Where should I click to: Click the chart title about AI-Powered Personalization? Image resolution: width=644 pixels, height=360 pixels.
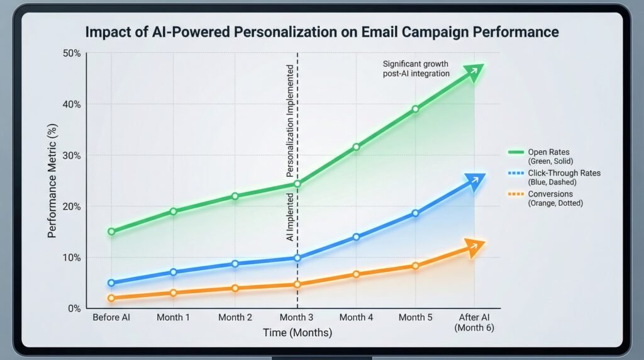pos(322,31)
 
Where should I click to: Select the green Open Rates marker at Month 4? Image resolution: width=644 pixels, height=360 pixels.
pos(357,147)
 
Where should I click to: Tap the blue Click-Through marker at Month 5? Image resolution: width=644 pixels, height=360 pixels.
pos(415,213)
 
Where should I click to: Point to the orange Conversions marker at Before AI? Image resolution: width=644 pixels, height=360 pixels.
pos(111,298)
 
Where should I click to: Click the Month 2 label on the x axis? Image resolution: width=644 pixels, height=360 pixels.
pos(235,317)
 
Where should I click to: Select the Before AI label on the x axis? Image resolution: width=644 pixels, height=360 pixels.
pos(112,317)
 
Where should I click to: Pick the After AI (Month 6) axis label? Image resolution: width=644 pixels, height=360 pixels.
pos(476,322)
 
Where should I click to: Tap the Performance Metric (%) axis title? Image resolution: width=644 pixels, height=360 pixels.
pos(53,180)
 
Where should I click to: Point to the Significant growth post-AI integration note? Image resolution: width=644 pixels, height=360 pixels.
pos(416,69)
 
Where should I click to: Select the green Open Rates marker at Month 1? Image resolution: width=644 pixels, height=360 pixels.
pos(173,211)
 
